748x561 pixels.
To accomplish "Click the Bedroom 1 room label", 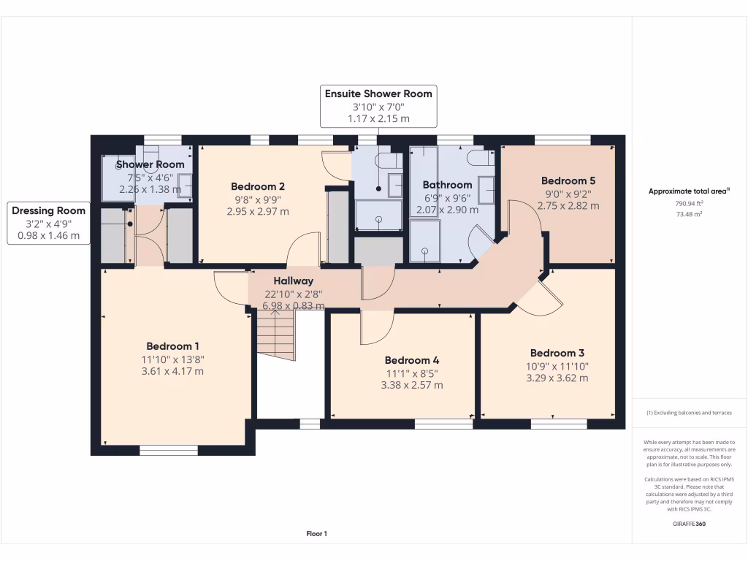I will [172, 346].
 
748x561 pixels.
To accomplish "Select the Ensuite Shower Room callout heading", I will [378, 93].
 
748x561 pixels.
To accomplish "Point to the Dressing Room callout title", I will [48, 210].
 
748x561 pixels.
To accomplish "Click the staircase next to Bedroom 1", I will [275, 333].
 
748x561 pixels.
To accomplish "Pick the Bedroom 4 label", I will [412, 360].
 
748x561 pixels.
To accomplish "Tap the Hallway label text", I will [294, 280].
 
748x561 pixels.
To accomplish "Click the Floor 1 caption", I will [316, 534].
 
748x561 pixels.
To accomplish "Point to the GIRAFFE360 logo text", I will [690, 524].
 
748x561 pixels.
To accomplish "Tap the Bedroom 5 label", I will [568, 180].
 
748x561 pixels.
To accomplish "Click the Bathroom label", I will [448, 185].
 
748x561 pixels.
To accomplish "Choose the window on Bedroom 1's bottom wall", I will [169, 451].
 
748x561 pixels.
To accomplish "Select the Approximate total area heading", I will [689, 191].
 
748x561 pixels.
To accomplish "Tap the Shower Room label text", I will [150, 164].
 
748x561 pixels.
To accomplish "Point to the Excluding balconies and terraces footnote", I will [689, 413].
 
